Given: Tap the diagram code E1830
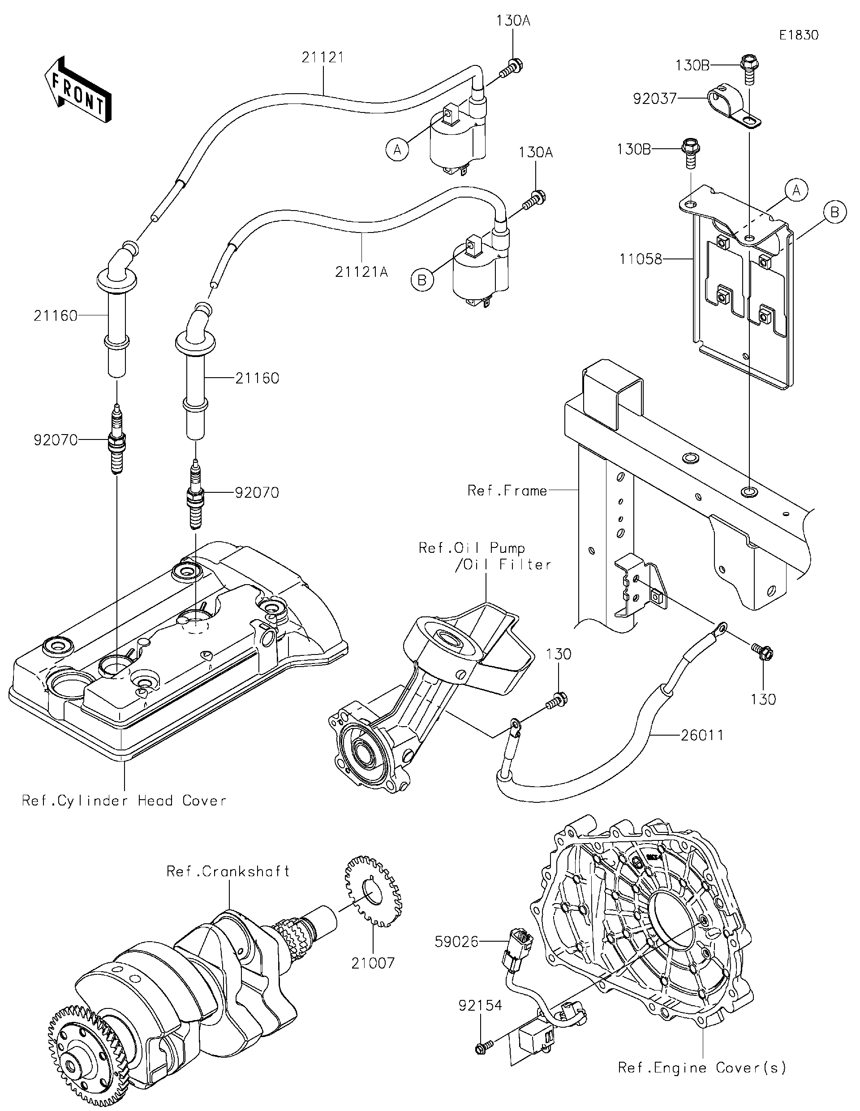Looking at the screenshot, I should click(x=799, y=35).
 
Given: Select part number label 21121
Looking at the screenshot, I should click(x=322, y=57).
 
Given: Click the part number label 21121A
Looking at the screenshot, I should click(x=361, y=272).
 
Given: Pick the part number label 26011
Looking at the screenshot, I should click(x=702, y=735).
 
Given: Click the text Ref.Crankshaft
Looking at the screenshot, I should click(x=228, y=871).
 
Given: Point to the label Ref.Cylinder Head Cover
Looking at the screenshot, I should click(x=124, y=801).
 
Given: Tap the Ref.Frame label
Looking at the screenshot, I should click(x=507, y=491).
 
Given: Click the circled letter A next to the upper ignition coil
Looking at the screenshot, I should click(x=397, y=150).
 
